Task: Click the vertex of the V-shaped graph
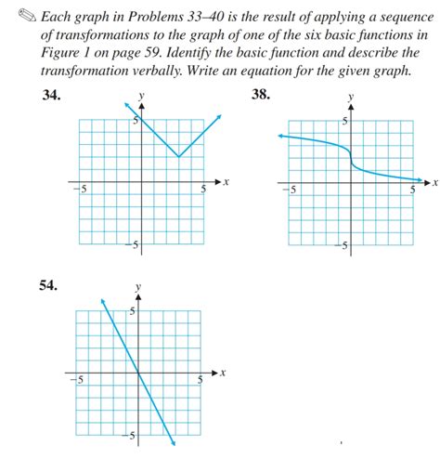178,156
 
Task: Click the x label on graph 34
225,183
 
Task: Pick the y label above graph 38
350,97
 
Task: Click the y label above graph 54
138,287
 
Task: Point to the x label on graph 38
434,183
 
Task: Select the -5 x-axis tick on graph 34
81,190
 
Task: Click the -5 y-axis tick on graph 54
132,435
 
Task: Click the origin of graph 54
138,373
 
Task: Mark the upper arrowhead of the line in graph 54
102,300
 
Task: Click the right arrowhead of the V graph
220,115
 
